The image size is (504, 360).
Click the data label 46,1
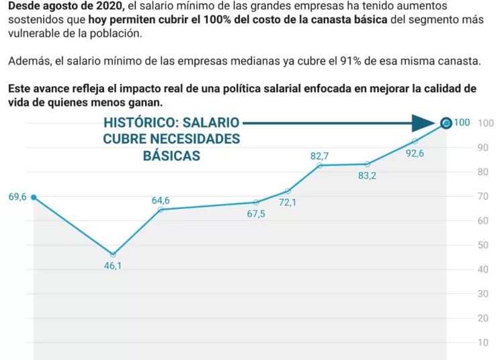coord(112,265)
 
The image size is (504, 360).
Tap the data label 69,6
coord(17,197)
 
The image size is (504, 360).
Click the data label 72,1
coord(288,202)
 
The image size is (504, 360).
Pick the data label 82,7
coord(319,156)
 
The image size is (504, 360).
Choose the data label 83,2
coord(367,176)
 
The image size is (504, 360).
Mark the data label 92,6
coord(415,152)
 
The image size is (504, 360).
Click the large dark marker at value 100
coord(446,123)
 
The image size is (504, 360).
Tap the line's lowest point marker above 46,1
coord(113,255)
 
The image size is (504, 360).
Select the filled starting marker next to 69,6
coord(34,197)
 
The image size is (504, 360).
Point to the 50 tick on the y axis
coord(482,245)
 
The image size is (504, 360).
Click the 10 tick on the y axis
coord(482,343)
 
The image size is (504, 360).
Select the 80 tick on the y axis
coord(482,172)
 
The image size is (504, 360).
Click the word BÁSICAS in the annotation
coord(171,155)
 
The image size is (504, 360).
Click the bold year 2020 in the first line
coord(107,5)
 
